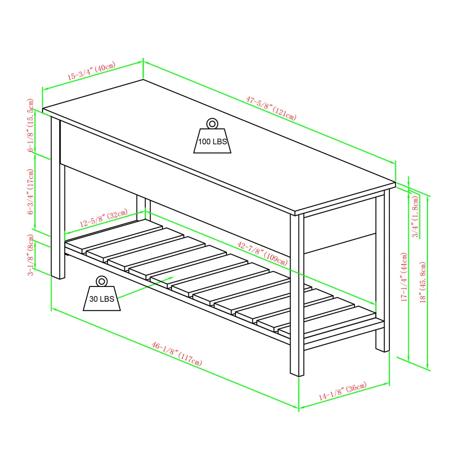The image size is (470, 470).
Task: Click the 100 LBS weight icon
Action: point(212,140)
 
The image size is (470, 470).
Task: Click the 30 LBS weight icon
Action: point(102,297)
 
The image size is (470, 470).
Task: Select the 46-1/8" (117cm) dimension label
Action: point(176,353)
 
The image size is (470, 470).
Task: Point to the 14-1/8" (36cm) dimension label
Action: point(342,392)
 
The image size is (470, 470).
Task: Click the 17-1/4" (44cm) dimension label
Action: point(404,277)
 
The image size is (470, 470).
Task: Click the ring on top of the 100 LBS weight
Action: point(212,124)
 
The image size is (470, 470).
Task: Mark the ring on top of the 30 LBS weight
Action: point(102,282)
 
